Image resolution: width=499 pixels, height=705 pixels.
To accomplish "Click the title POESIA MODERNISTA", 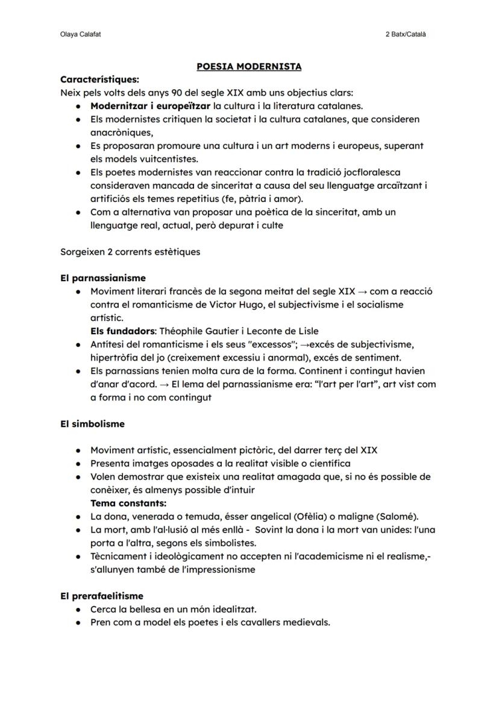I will (249, 66).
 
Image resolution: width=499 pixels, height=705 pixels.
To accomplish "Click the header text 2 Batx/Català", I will (406, 34).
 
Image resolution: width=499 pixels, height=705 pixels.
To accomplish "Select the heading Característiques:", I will (99, 80).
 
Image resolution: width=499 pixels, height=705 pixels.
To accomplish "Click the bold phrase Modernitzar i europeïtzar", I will (146, 106).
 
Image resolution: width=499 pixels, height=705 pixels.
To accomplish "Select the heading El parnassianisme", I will (103, 278).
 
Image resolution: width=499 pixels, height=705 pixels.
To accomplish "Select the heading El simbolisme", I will (92, 424).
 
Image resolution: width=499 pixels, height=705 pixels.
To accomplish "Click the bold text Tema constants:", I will (128, 503).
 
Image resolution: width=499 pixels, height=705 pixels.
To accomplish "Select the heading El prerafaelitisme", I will (102, 596).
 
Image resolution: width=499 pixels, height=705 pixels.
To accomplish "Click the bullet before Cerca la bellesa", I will (79, 610).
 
